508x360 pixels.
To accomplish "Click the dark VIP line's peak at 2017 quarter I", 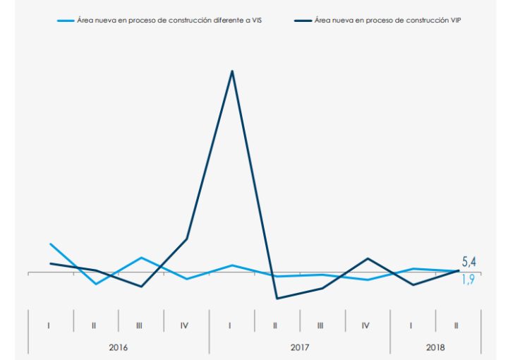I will point(232,71).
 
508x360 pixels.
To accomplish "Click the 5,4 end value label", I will point(469,262).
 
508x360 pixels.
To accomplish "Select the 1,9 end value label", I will point(468,280).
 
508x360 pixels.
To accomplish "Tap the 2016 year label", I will point(119,347).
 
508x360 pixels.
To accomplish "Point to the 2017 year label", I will point(300,347).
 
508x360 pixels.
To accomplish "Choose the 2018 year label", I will point(435,347).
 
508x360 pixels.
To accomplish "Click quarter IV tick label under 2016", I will point(185,325).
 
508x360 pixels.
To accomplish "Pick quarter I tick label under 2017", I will point(231,325).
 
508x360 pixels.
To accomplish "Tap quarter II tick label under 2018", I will point(457,325).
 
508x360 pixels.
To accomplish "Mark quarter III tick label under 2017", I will point(321,325).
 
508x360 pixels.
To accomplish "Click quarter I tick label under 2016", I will point(49,325).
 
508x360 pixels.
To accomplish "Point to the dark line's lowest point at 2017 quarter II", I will point(277,299).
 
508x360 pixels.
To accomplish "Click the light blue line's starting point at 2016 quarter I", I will point(50,244).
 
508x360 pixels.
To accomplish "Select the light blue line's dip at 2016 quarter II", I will point(96,284).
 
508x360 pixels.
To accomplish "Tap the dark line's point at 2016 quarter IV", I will point(186,239).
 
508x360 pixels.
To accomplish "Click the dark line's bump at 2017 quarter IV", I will point(367,258).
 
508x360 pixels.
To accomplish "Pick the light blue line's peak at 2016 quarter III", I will point(141,258).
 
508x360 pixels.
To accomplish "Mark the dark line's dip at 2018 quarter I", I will point(413,284).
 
